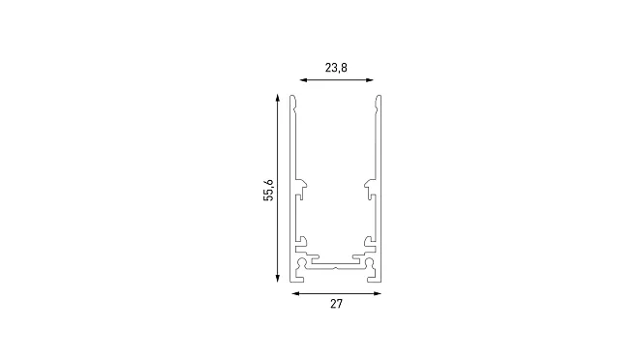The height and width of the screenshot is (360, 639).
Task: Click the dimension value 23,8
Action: coord(336,68)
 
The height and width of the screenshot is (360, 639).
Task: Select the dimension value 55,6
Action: coord(268,190)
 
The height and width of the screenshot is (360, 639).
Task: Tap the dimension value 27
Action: coord(336,304)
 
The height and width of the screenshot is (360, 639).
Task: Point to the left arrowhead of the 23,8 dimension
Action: coord(303,80)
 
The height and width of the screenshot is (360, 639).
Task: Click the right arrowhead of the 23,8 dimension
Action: coord(370,80)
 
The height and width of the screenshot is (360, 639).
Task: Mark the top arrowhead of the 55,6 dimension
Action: coord(278,98)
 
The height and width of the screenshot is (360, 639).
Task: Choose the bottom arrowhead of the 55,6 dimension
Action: coord(278,279)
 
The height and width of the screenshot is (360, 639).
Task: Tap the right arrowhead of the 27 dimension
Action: coord(378,293)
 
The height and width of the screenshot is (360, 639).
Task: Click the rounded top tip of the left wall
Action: coord(292,96)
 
